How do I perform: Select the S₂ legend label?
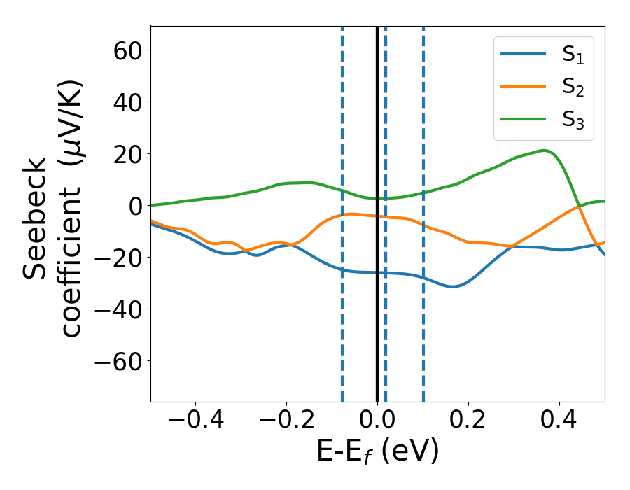573,88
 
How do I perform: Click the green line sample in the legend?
524,119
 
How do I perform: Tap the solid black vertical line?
377,315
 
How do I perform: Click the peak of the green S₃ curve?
543,150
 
